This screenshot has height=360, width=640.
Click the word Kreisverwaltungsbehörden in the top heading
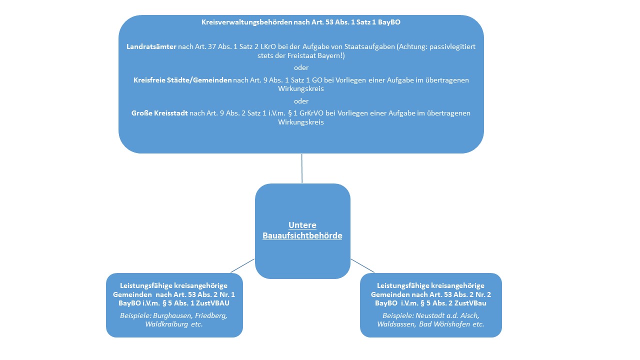pyautogui.click(x=246, y=22)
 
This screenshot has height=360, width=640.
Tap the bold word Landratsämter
pyautogui.click(x=151, y=46)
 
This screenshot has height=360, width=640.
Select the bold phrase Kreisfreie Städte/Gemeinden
pyautogui.click(x=182, y=80)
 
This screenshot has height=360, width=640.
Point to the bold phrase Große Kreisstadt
pyautogui.click(x=159, y=113)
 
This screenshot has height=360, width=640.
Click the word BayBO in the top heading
pyautogui.click(x=389, y=22)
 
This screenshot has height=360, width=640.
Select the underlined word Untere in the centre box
pyautogui.click(x=302, y=225)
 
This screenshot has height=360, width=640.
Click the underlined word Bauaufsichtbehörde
pyautogui.click(x=302, y=235)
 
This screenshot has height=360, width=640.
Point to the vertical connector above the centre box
pyautogui.click(x=301, y=168)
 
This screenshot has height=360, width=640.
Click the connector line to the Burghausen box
pyautogui.click(x=242, y=265)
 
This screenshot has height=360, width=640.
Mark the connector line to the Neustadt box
pyautogui.click(x=362, y=265)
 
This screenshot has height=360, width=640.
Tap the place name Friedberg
pyautogui.click(x=211, y=315)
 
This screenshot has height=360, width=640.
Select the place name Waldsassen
pyautogui.click(x=396, y=324)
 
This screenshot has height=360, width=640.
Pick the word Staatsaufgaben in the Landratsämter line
pyautogui.click(x=369, y=46)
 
